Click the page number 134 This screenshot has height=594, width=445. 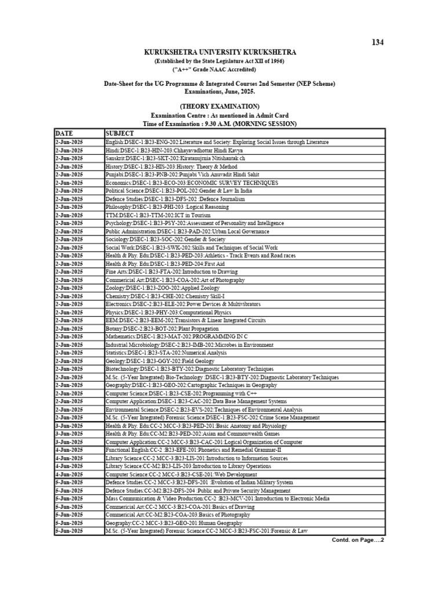377,42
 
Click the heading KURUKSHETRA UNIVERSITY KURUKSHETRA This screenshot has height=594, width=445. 220,53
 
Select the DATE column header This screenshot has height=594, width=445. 65,133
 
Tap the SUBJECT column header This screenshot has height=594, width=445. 120,133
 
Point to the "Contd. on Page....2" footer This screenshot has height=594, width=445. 358,540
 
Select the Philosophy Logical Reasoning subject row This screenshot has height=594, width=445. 167,207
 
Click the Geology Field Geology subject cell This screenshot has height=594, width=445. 150,361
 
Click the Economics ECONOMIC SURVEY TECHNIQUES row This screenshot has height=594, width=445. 191,182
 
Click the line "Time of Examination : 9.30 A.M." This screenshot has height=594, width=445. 220,124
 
